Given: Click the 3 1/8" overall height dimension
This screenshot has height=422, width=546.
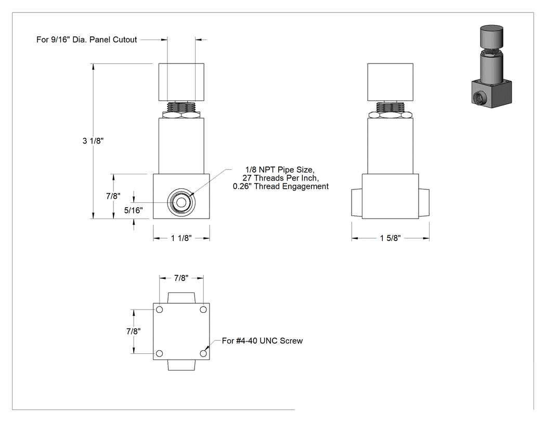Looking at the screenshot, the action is (93, 141).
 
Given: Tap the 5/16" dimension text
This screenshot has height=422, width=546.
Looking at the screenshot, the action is (133, 210).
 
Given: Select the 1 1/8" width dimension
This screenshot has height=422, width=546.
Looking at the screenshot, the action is (181, 238).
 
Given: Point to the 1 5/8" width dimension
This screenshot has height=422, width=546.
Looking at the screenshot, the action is (391, 238).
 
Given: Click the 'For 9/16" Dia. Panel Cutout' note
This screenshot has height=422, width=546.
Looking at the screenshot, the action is (87, 40).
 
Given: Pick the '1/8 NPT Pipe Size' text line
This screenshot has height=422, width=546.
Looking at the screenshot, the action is (280, 170).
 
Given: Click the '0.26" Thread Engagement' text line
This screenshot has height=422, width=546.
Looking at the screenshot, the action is (281, 186).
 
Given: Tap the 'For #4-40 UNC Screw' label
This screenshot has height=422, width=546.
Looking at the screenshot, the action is (262, 341).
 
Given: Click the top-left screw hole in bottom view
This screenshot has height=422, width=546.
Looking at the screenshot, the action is (160, 310).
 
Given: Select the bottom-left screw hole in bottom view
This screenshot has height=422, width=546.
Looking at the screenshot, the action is (160, 353).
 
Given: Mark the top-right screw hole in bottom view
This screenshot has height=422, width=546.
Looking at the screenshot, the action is (203, 310).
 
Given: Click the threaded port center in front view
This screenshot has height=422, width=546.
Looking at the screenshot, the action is (181, 202).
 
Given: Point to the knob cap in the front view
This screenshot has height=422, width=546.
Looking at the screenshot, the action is (181, 82).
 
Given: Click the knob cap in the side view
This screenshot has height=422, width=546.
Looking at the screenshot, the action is (391, 82).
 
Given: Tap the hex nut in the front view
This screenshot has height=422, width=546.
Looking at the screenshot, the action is (181, 114).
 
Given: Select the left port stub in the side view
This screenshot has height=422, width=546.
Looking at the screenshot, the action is (357, 203).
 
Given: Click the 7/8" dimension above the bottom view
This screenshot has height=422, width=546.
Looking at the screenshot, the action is (181, 278).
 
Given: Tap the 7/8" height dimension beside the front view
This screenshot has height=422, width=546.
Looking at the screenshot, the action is (113, 196).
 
